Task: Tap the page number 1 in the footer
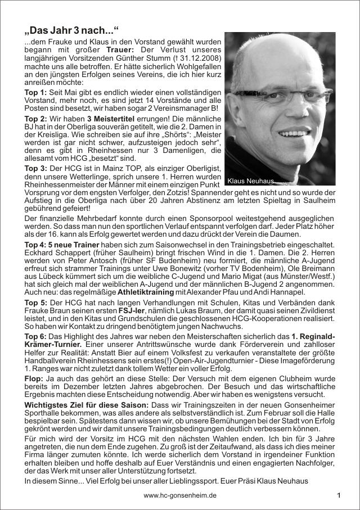[339, 495]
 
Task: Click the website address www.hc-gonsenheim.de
[180, 495]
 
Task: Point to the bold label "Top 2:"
[35, 119]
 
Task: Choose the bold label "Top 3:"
[35, 168]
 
